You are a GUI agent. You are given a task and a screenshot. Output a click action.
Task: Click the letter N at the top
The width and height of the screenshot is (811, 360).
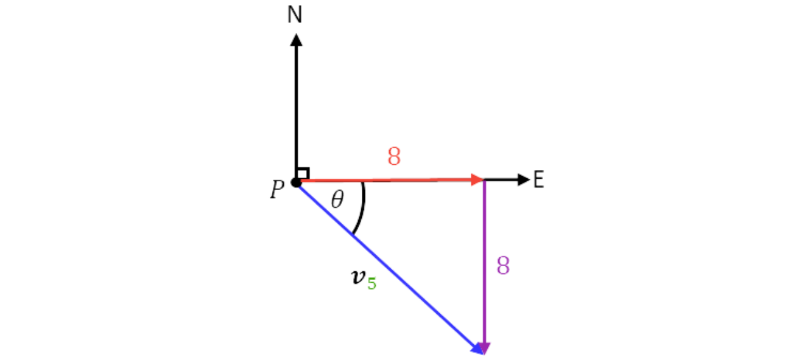pos(295,15)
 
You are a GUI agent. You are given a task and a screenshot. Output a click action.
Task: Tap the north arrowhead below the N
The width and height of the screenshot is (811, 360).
pos(296,40)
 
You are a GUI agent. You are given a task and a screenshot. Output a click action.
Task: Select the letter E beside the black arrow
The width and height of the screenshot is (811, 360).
pos(539,180)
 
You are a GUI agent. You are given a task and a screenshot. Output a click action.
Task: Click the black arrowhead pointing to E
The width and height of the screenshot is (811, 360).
pos(523,180)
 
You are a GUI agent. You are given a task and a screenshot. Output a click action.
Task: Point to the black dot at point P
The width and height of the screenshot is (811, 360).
pos(295,183)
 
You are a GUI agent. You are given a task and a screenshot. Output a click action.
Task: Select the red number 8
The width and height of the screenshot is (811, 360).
pos(394,157)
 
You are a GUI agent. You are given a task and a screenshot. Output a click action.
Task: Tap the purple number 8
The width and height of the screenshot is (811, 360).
pos(502,266)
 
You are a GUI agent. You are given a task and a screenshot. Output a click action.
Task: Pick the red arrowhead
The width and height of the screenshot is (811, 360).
pos(476,181)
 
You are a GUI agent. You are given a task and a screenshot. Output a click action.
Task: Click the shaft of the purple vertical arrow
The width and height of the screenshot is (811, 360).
pos(484,254)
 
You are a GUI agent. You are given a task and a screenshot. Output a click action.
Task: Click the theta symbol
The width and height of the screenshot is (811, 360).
pos(338,200)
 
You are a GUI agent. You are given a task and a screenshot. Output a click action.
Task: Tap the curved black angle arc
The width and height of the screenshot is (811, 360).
pos(363,209)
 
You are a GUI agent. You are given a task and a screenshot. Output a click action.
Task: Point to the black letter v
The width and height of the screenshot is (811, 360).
pos(358,276)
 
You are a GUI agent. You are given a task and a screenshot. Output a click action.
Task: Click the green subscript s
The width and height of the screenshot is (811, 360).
pos(372,284)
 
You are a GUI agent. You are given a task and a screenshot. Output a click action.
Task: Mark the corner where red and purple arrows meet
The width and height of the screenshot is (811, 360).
pos(484,181)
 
